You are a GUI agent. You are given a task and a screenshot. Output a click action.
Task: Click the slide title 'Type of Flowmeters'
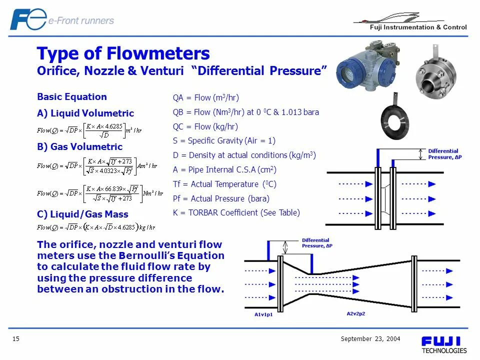(123, 53)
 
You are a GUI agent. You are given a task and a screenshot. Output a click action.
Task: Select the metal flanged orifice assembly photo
(435, 73)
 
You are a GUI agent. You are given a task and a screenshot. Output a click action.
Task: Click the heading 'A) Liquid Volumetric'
(85, 113)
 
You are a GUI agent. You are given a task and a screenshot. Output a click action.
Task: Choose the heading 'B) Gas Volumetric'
(79, 147)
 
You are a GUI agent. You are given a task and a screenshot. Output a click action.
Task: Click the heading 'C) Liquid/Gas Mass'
(82, 214)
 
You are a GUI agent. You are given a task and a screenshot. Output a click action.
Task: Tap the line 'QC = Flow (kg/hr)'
(205, 126)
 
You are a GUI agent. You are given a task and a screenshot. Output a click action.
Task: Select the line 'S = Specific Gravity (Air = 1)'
(224, 141)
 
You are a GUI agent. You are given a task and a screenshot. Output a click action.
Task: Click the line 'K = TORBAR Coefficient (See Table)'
(236, 212)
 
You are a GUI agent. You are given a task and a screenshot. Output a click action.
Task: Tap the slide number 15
(16, 339)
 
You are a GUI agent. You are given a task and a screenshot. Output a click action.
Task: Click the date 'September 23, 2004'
(370, 339)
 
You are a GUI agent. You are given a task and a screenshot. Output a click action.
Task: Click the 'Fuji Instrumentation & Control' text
(418, 27)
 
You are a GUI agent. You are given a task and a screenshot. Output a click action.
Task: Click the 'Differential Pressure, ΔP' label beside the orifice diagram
(443, 154)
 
